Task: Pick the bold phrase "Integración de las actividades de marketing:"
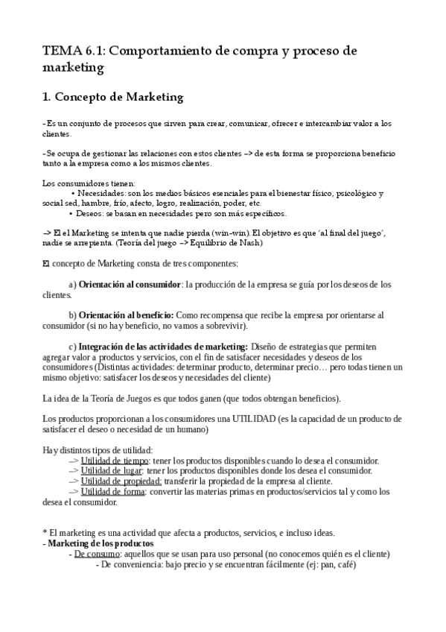(x=164, y=347)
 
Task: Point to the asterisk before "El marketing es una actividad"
(x=45, y=534)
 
